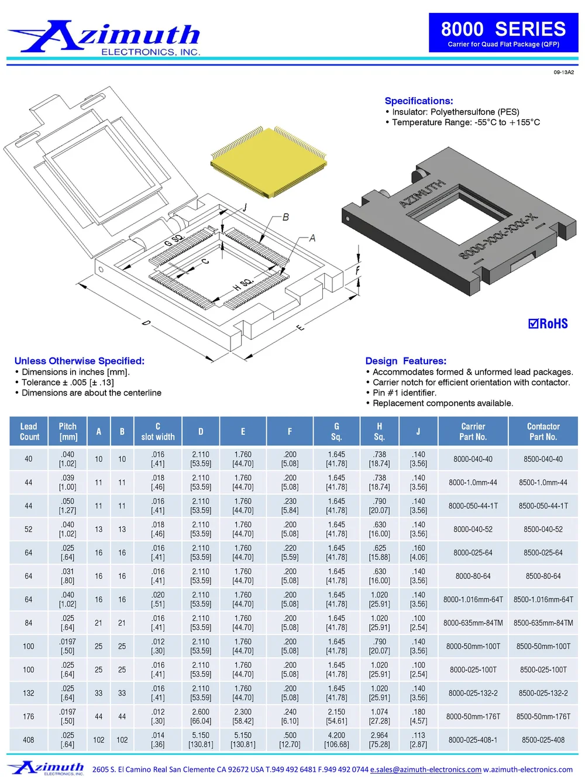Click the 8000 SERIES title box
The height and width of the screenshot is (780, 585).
503,33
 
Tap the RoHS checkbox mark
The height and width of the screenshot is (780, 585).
533,324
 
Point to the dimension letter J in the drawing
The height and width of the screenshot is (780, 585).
245,207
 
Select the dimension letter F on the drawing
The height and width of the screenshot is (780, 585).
357,270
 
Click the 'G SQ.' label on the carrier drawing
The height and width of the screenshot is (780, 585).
174,240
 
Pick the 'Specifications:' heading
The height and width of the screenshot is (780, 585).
419,101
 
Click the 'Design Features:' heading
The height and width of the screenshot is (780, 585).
405,360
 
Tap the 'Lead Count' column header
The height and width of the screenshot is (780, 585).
29,431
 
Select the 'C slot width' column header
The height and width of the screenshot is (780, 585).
158,431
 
